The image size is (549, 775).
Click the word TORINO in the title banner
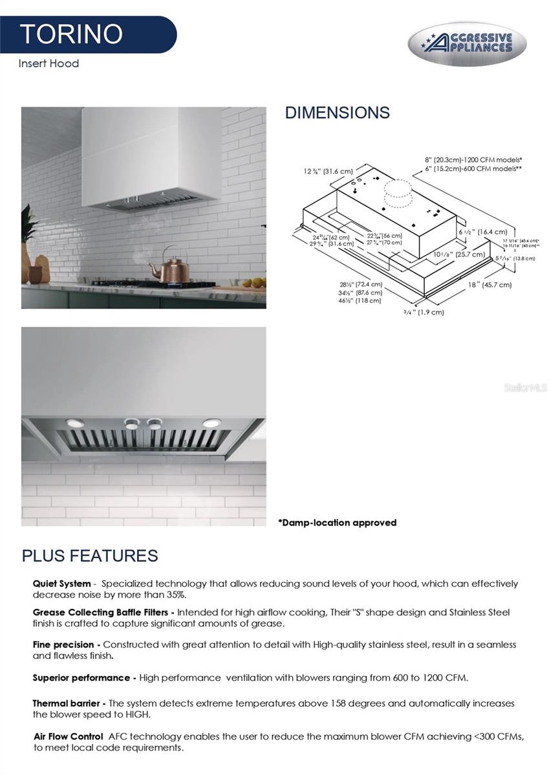tap(71, 34)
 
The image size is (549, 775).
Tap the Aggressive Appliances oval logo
tap(467, 44)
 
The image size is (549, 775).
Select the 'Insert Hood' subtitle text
tap(48, 63)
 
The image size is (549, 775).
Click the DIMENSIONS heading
tap(337, 112)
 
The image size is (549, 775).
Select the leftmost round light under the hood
tap(75, 423)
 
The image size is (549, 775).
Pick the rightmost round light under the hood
tap(211, 423)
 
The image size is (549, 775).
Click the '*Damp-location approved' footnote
tap(337, 522)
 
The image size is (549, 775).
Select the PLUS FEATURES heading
tap(90, 555)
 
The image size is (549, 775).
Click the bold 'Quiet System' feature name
tap(61, 584)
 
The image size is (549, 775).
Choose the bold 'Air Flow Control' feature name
tap(68, 736)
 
